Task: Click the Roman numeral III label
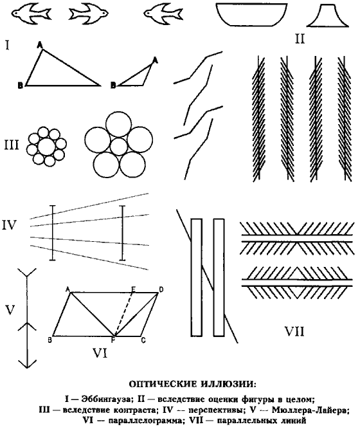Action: (x=12, y=145)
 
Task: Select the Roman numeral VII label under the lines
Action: (x=294, y=332)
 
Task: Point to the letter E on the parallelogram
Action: (x=134, y=289)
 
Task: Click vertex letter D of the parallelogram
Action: (x=161, y=289)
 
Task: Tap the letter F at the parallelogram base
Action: (x=113, y=340)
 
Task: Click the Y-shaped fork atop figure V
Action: (x=27, y=273)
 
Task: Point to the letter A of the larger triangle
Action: (x=40, y=45)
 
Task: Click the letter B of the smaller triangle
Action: (x=113, y=86)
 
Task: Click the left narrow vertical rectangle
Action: (x=197, y=277)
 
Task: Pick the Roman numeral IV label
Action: (x=9, y=225)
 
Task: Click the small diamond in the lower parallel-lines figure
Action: (x=296, y=283)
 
